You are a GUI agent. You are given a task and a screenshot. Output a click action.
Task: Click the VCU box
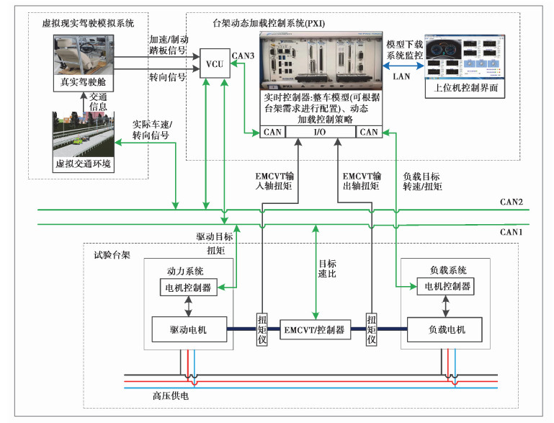[x=214, y=65]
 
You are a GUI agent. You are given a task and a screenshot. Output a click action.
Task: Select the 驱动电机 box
[x=189, y=329]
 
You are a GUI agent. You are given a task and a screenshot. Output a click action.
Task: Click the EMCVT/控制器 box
[x=315, y=330]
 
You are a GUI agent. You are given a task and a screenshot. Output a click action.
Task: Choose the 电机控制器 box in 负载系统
[x=444, y=286]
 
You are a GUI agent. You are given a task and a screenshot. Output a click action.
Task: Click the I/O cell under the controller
[x=320, y=132]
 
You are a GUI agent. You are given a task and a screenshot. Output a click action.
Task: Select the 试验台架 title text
[x=111, y=255]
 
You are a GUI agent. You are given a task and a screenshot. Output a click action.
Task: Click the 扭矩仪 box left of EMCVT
[x=262, y=330]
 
